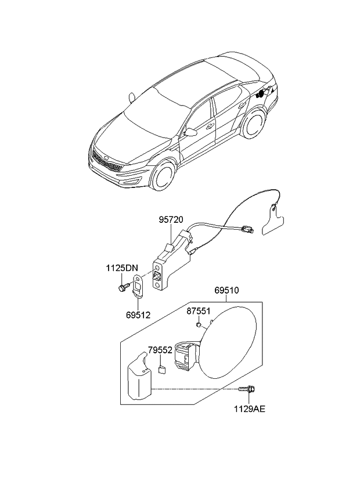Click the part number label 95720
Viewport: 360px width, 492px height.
point(171,220)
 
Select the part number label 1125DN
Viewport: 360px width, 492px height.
point(122,268)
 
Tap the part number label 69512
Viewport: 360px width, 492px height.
point(138,315)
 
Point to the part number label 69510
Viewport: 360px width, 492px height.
point(226,290)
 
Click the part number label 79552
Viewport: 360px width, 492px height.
point(160,350)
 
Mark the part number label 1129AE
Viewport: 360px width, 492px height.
point(250,408)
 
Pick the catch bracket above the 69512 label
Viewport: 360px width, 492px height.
point(138,286)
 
